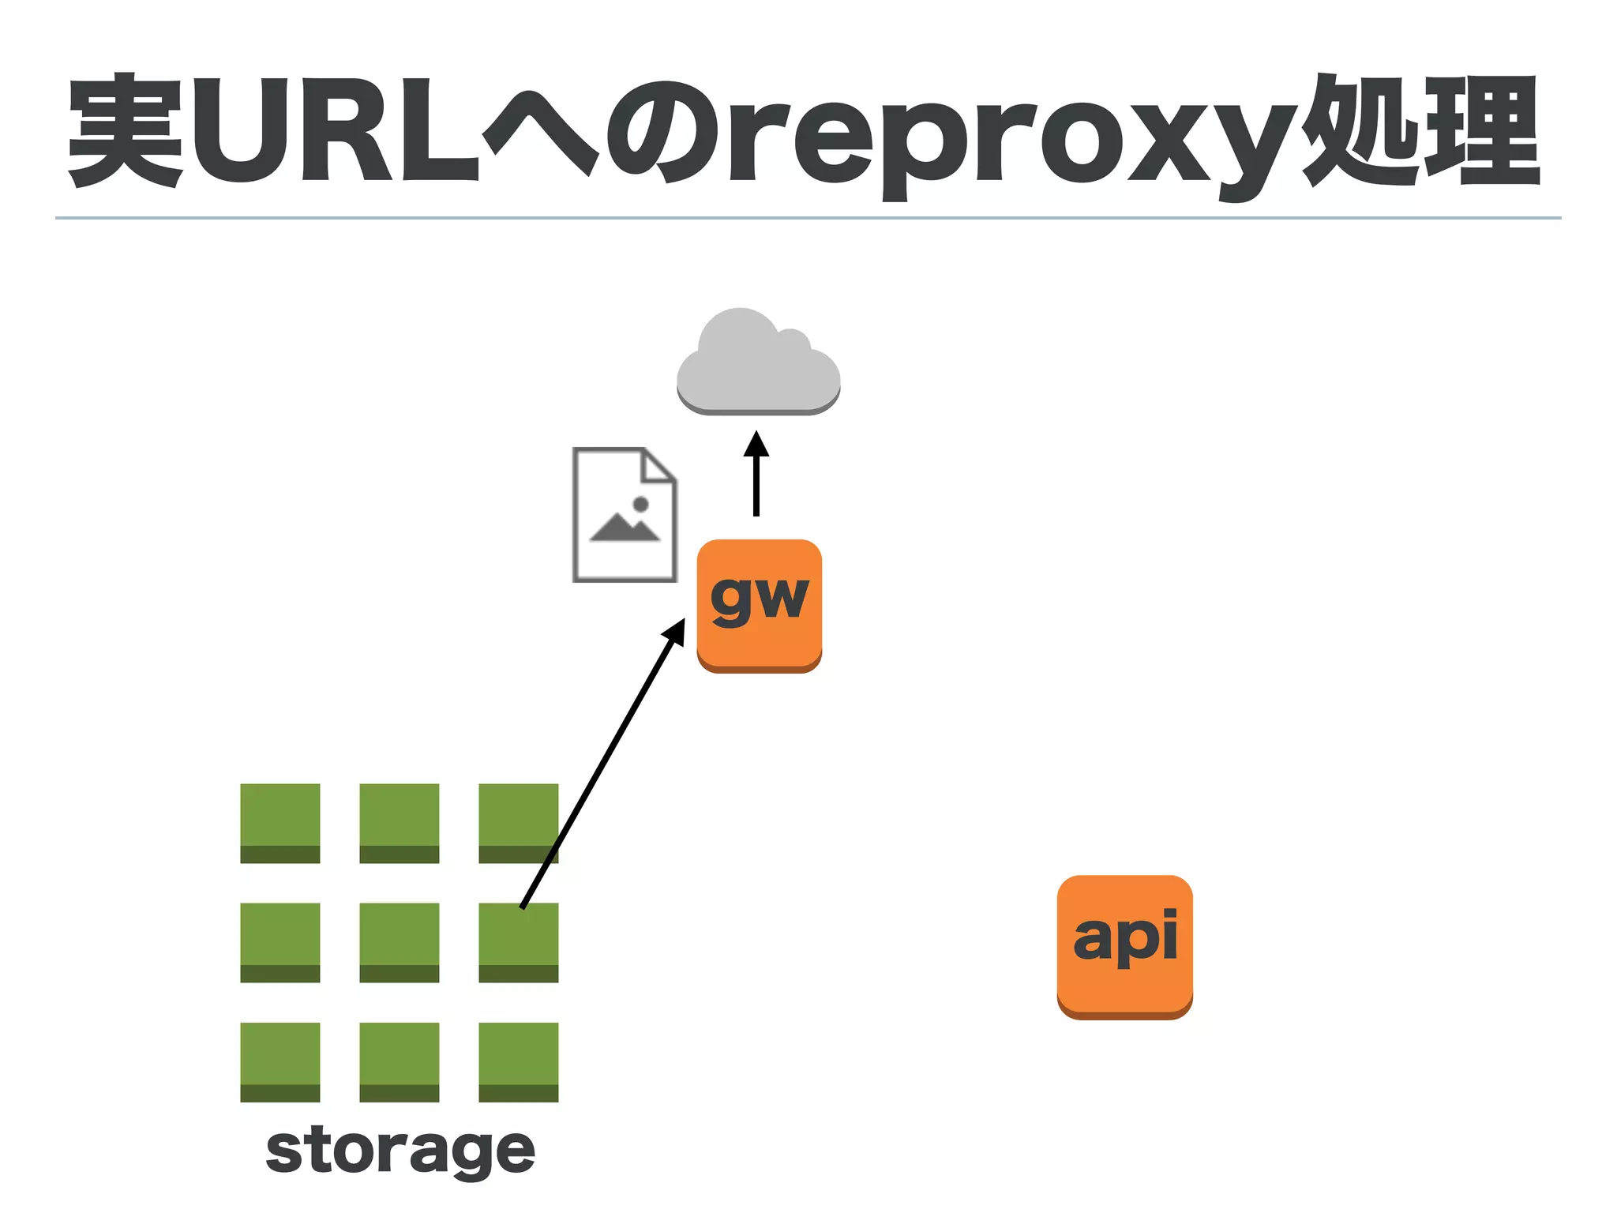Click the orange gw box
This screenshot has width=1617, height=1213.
point(759,605)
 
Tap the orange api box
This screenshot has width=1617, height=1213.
point(1124,946)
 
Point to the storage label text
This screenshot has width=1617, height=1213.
point(400,1151)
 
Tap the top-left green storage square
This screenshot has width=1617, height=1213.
point(280,822)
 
